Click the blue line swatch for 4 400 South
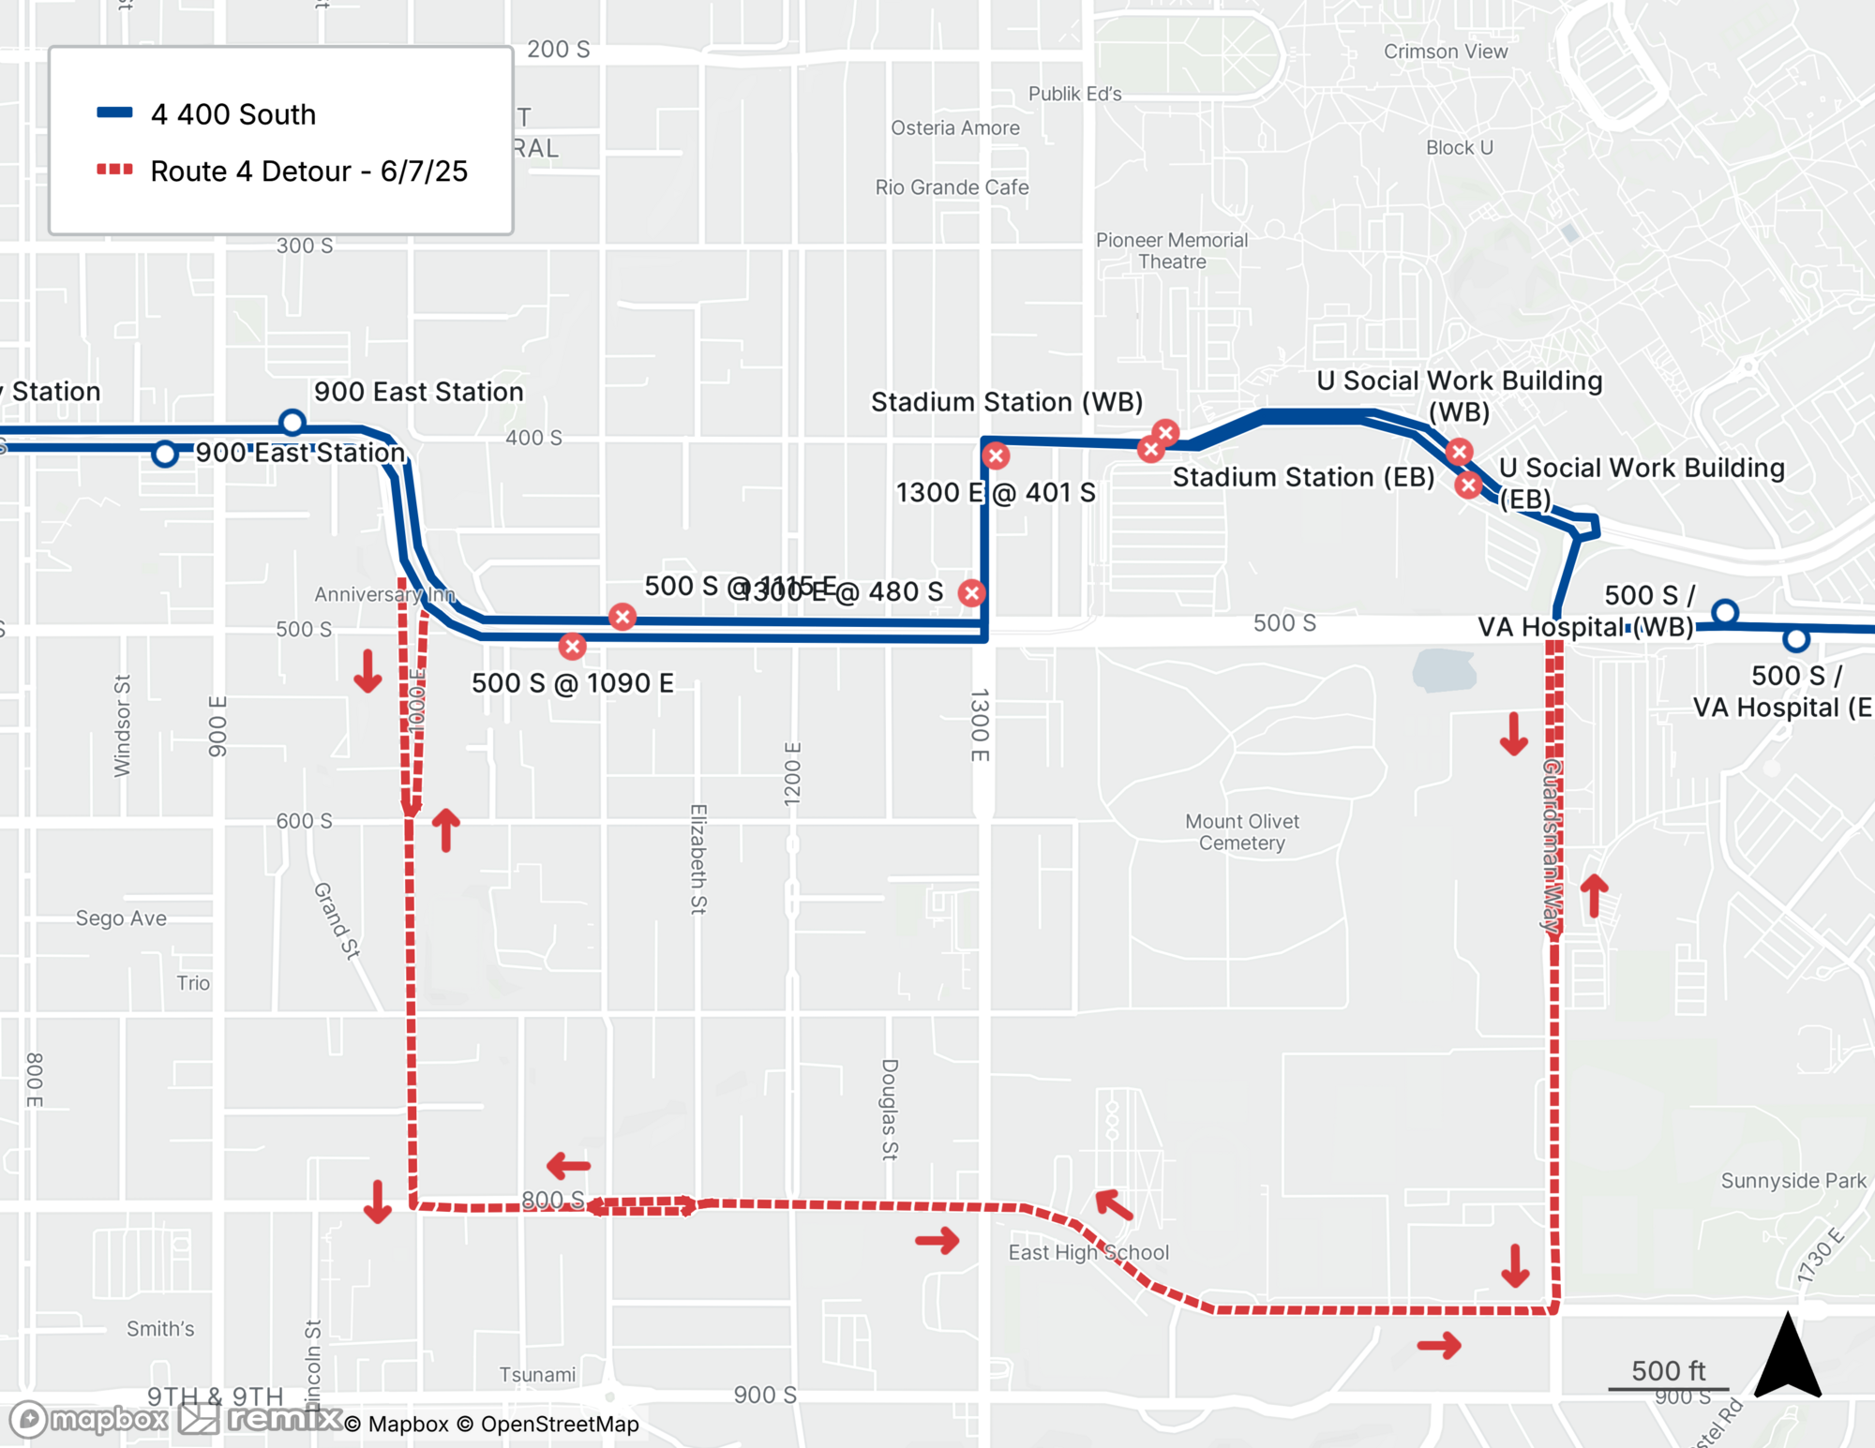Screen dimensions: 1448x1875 pos(114,112)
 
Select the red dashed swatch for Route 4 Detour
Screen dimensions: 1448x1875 pos(114,170)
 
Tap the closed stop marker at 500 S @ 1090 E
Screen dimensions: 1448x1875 pos(572,646)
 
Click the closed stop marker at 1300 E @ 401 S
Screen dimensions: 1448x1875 pos(996,456)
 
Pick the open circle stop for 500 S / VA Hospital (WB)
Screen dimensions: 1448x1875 pos(1725,613)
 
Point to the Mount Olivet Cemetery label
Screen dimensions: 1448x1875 pos(1242,832)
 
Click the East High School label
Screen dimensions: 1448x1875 pos(1088,1252)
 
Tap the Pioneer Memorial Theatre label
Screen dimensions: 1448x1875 pos(1172,251)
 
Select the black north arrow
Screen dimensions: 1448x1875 pos(1788,1357)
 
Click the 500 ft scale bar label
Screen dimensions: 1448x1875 pos(1669,1370)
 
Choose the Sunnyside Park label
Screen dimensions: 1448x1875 pos(1793,1181)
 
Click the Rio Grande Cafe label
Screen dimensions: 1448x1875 pos(952,187)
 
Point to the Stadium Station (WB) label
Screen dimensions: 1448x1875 pos(1007,402)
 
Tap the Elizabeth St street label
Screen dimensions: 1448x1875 pos(698,858)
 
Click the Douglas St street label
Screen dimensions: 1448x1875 pos(890,1110)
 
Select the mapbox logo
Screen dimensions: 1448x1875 pos(90,1420)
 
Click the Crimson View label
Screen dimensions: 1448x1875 pos(1446,52)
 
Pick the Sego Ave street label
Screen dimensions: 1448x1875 pos(121,918)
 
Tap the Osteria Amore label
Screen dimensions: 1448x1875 pos(955,128)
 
